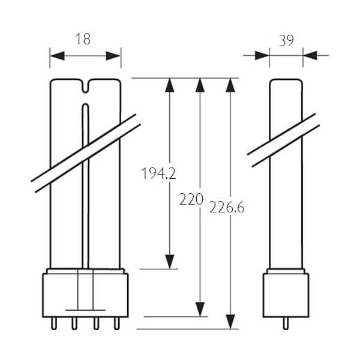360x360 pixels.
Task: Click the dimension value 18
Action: coord(83,39)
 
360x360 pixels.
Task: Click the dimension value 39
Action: coord(286,41)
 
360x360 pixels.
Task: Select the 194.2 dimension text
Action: coord(158,173)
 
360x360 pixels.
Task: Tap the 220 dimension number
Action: coord(191,199)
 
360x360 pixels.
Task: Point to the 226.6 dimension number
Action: coord(227,208)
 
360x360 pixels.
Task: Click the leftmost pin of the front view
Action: coord(54,323)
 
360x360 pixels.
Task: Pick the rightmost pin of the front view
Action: coord(117,323)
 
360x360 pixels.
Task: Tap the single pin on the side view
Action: coord(286,323)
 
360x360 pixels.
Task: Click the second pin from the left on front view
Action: coord(74,323)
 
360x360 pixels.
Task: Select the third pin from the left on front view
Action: coord(96,323)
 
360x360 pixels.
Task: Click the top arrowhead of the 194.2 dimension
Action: coord(170,85)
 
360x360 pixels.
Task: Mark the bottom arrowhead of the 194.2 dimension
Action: coord(170,262)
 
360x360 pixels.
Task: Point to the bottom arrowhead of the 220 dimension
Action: coord(200,310)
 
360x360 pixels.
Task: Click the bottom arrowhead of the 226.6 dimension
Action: coord(230,322)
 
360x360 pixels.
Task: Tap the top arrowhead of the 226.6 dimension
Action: coord(230,85)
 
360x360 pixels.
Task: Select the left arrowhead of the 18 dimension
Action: coord(57,56)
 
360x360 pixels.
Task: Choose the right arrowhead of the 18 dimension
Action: coord(113,56)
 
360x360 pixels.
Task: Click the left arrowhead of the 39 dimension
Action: coord(262,56)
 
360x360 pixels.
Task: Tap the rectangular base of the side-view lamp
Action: coord(286,295)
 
